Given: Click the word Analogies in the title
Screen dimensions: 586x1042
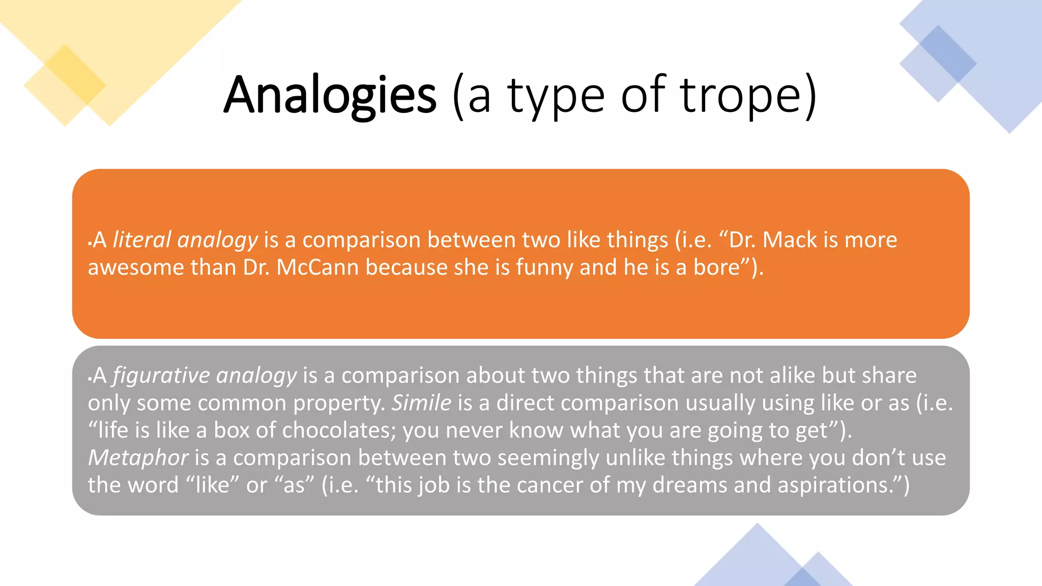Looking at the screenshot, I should tap(330, 96).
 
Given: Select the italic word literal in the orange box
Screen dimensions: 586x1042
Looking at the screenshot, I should tap(142, 240).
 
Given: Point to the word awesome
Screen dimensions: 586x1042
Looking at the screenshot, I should tap(136, 267).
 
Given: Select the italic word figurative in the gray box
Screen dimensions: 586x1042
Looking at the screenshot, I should tap(161, 375).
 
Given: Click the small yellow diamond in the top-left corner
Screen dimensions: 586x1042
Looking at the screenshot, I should tap(65, 84).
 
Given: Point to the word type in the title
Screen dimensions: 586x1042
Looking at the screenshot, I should tap(556, 96).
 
